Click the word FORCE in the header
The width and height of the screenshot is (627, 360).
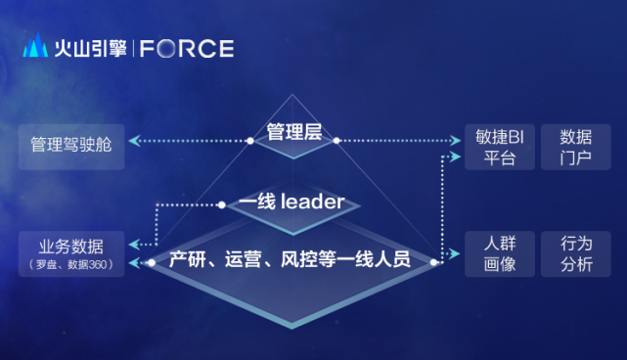coord(187,48)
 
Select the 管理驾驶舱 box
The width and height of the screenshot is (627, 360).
coord(71,145)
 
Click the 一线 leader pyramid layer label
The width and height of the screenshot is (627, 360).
coord(291,202)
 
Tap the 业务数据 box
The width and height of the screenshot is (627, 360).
coord(71,253)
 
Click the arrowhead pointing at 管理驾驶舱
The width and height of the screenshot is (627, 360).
coord(133,141)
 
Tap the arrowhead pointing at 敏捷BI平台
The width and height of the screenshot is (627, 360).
coord(457,141)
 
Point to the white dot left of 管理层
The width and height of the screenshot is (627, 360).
coord(250,141)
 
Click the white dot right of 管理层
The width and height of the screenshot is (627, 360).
coord(336,141)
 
